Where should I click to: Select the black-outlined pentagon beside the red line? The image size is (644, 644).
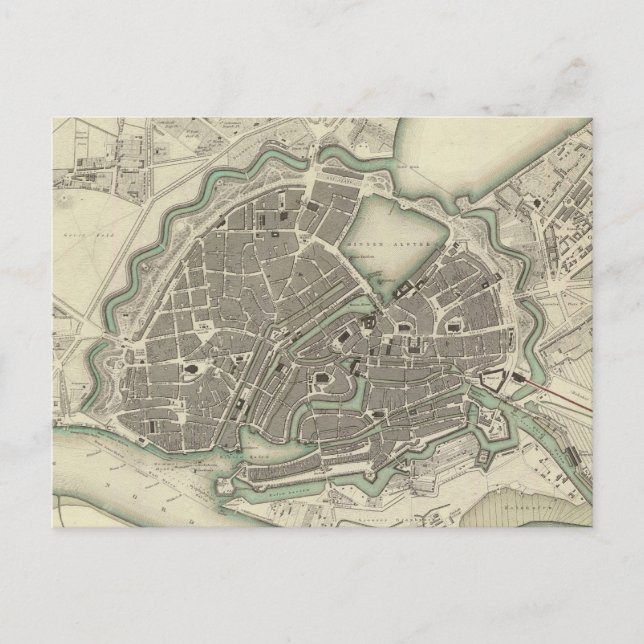pos(491,381)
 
